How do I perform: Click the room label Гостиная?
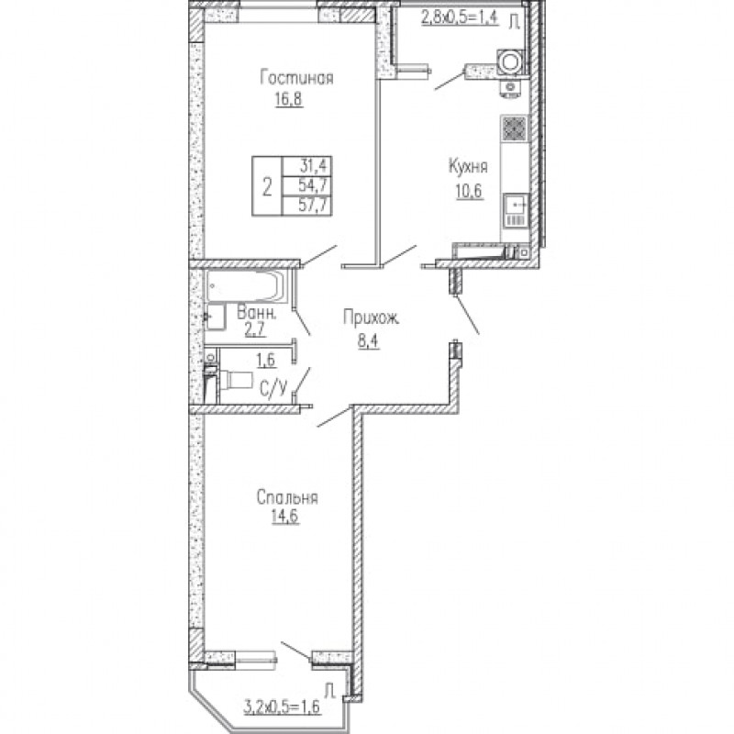(x=296, y=78)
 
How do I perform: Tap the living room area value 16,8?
(x=289, y=99)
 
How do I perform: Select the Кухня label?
(x=468, y=167)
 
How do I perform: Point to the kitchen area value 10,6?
(x=470, y=191)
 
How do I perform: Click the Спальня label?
(x=287, y=497)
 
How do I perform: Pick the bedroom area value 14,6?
(x=285, y=517)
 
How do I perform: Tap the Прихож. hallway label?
(x=372, y=317)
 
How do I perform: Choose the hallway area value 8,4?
(x=369, y=341)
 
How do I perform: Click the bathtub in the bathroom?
(x=245, y=285)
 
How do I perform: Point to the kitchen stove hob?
(x=515, y=128)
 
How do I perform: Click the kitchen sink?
(x=516, y=205)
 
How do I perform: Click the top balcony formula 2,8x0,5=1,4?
(x=460, y=17)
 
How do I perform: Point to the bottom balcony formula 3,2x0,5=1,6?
(x=283, y=706)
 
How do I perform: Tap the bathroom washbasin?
(x=216, y=317)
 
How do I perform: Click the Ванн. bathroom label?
(x=256, y=313)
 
